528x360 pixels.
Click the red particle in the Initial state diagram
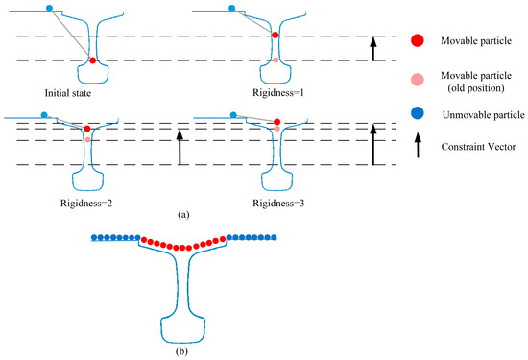[92, 60]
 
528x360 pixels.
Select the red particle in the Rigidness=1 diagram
[276, 36]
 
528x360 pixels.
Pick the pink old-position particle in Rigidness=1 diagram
[276, 60]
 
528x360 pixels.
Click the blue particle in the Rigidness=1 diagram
[232, 8]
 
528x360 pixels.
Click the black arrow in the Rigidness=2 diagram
[178, 145]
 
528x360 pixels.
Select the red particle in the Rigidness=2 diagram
[87, 128]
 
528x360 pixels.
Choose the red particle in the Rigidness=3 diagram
[278, 123]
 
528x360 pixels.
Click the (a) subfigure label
[182, 216]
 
